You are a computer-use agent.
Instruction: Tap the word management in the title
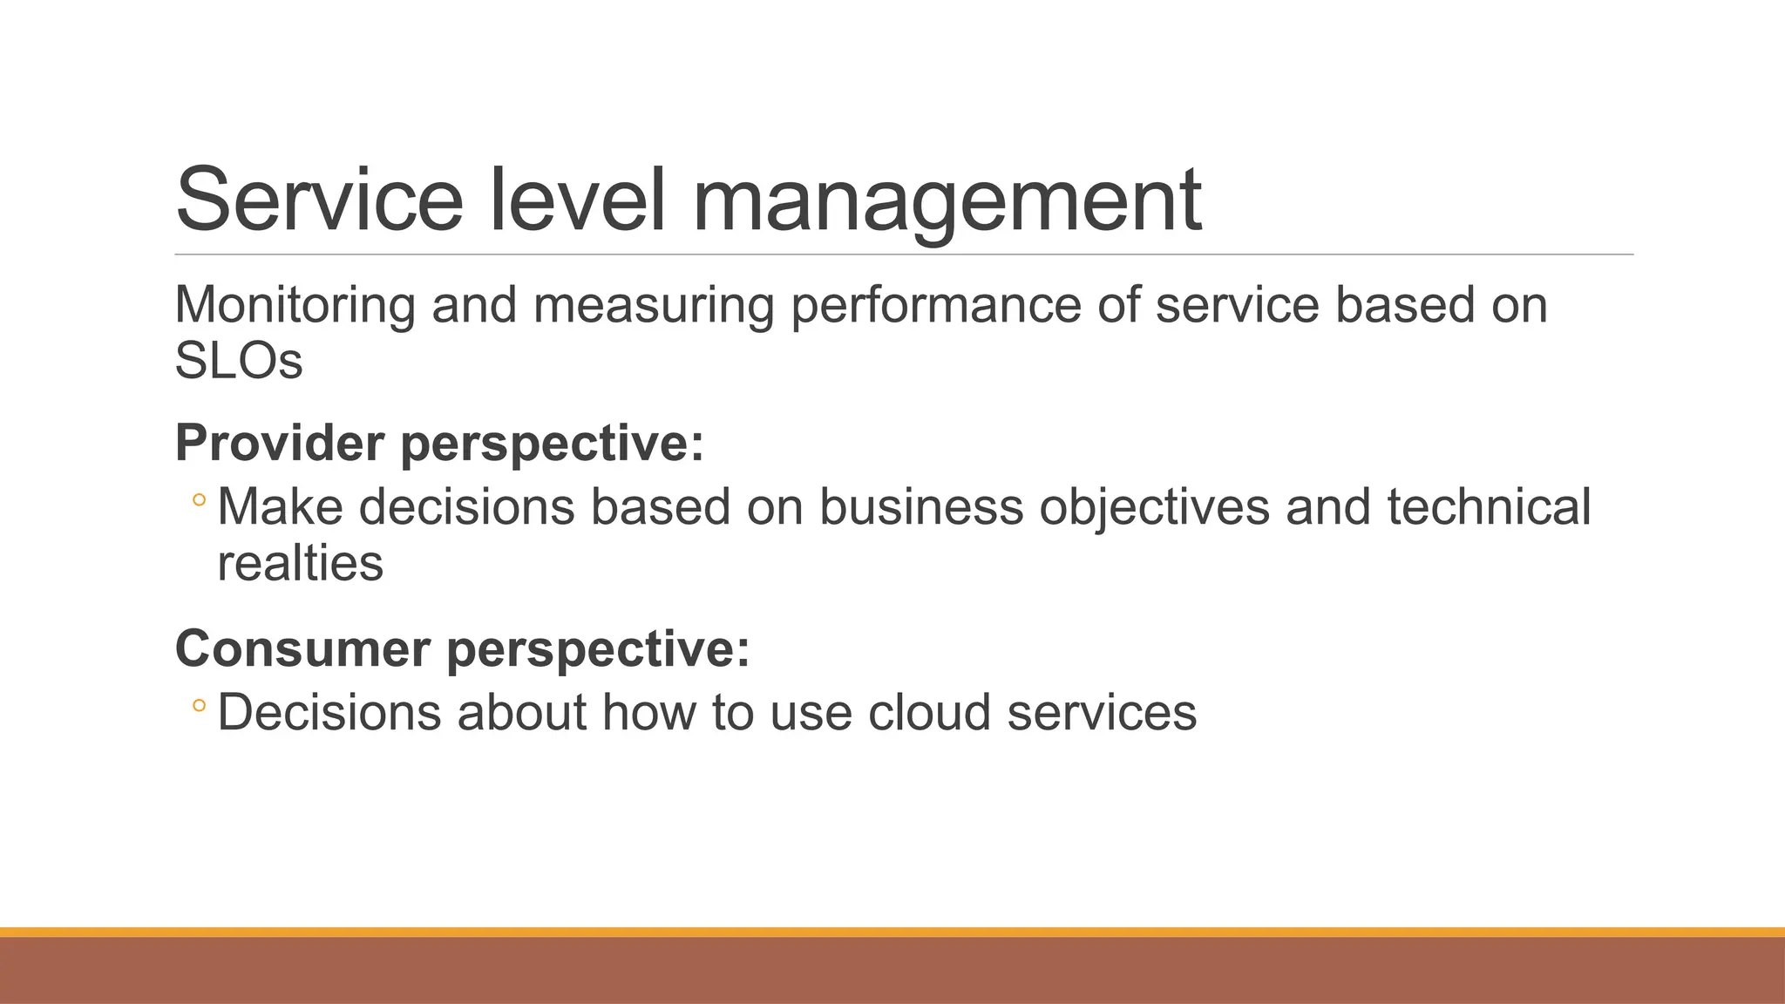pyautogui.click(x=947, y=202)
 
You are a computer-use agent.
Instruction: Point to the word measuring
pyautogui.click(x=654, y=306)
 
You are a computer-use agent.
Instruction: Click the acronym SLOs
pyautogui.click(x=238, y=361)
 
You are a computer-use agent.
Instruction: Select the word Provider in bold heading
pyautogui.click(x=280, y=443)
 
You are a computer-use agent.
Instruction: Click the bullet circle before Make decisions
pyautogui.click(x=199, y=501)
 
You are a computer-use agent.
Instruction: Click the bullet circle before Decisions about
pyautogui.click(x=199, y=706)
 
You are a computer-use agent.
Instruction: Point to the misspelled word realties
pyautogui.click(x=300, y=563)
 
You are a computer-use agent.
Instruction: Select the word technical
pyautogui.click(x=1489, y=506)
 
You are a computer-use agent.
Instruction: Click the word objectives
pyautogui.click(x=1154, y=508)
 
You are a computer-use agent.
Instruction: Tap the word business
pyautogui.click(x=920, y=506)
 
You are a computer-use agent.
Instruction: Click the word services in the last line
pyautogui.click(x=1102, y=712)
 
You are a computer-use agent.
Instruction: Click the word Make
pyautogui.click(x=280, y=506)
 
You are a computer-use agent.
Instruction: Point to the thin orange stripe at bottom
pyautogui.click(x=892, y=932)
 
